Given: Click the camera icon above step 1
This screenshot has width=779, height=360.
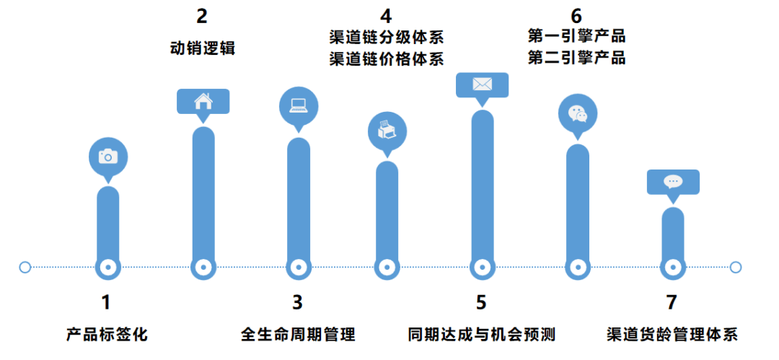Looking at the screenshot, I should point(107,156).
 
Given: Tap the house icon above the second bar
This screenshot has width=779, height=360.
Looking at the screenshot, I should point(203,101).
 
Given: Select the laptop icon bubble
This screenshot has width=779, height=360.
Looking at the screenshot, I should point(298,106).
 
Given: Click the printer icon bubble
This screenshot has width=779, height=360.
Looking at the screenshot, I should point(387,131).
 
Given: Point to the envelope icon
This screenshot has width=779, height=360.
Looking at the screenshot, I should point(482,84).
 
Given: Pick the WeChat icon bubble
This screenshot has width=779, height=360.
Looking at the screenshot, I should point(578,114).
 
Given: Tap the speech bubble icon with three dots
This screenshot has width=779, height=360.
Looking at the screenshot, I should point(672,181).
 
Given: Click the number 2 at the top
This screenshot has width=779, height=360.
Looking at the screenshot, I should point(203,16).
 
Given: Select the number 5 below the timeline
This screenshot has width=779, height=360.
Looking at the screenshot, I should point(481,302).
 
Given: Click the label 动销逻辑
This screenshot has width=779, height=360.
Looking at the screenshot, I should point(203,49).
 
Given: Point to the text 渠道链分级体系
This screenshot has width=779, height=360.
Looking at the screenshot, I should point(387,37).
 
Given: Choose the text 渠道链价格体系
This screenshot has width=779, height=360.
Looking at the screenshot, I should point(387,59).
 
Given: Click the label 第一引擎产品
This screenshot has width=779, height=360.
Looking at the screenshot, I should point(576,36).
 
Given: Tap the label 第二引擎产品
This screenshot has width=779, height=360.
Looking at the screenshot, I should point(576,58).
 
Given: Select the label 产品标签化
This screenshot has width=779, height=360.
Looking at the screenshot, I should point(107,335).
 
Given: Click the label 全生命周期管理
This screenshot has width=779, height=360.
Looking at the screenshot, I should point(298,335).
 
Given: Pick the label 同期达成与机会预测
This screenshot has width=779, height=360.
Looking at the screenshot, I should point(481,335).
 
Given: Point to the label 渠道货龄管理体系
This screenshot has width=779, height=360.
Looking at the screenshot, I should point(672,335).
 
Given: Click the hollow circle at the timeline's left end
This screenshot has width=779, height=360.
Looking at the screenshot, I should point(25,267).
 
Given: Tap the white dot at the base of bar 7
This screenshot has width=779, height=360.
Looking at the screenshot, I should point(672,267).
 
